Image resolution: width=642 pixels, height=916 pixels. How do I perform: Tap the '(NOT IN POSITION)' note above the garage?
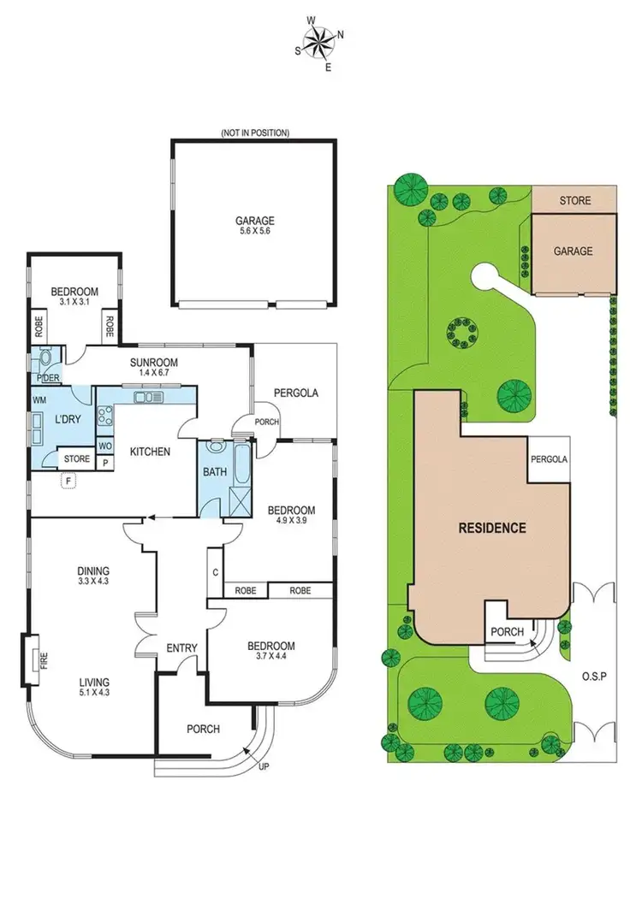click(x=254, y=133)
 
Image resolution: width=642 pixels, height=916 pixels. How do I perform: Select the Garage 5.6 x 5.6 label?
click(x=256, y=226)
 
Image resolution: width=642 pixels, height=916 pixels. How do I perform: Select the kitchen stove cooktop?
click(x=108, y=417)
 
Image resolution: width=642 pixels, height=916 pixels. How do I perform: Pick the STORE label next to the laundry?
click(x=77, y=459)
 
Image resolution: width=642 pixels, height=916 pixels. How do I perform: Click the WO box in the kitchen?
click(x=104, y=446)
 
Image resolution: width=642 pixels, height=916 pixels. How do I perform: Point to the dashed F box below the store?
click(x=68, y=482)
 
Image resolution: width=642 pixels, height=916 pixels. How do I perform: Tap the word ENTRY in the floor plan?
click(x=181, y=647)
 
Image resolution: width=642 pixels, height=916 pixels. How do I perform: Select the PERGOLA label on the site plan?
click(x=549, y=459)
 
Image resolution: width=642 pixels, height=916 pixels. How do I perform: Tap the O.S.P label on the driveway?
click(x=593, y=676)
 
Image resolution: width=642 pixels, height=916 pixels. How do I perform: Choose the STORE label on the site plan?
click(x=574, y=201)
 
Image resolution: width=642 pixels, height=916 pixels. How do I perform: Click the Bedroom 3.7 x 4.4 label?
click(x=271, y=652)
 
